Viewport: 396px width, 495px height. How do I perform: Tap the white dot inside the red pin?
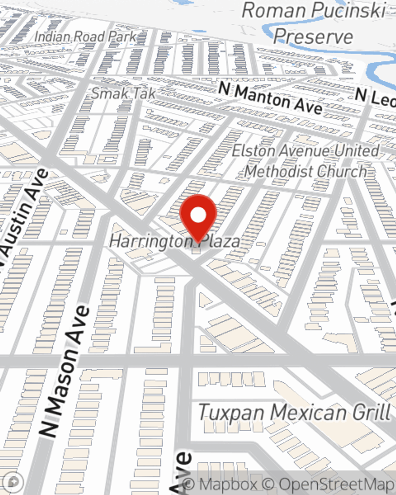pyautogui.click(x=198, y=215)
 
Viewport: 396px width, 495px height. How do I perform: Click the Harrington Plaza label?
pyautogui.click(x=174, y=241)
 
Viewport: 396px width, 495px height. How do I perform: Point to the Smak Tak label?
pyautogui.click(x=123, y=93)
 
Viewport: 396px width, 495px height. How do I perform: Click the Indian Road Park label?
pyautogui.click(x=85, y=37)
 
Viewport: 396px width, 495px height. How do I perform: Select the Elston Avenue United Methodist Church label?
pyautogui.click(x=305, y=161)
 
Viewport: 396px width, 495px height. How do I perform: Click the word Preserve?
pyautogui.click(x=313, y=36)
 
